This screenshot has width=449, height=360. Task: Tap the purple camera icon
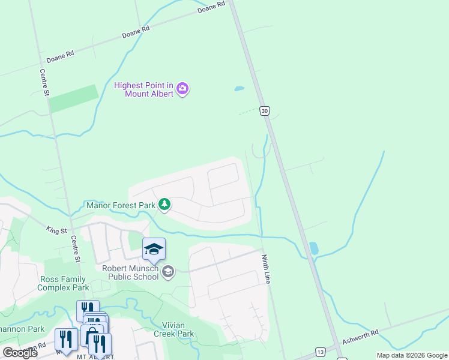click(183, 89)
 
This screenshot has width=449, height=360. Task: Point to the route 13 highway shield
click(321, 352)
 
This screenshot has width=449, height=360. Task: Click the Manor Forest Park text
click(121, 205)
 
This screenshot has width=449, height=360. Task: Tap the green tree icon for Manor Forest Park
click(164, 205)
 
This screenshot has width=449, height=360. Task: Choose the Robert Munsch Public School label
click(130, 272)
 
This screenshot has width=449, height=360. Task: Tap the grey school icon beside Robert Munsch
click(168, 272)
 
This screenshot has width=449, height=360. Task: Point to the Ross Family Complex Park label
click(63, 283)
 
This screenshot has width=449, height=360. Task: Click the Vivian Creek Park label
click(173, 329)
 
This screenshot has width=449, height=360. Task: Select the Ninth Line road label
click(266, 269)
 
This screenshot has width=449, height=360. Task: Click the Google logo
click(20, 353)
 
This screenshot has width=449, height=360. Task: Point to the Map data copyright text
click(411, 355)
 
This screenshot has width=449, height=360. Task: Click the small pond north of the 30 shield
click(239, 89)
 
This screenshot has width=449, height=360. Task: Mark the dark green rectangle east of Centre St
click(73, 98)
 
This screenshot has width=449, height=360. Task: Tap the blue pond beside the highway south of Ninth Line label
click(314, 248)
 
